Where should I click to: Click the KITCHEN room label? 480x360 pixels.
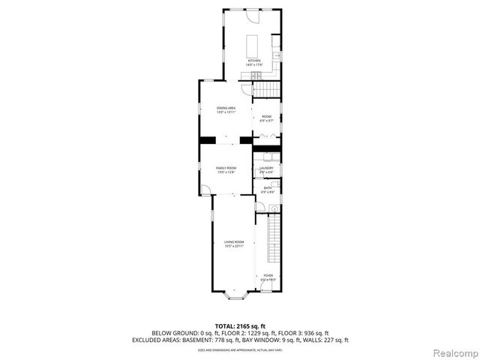click(253, 61)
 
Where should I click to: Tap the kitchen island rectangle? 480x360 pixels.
click(251, 42)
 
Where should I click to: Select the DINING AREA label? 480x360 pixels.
click(226, 108)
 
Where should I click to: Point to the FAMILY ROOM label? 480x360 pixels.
click(226, 168)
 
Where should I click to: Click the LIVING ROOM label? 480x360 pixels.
click(234, 242)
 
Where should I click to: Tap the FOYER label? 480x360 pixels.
click(268, 275)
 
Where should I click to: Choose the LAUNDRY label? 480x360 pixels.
click(267, 168)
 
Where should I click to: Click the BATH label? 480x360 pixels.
click(267, 187)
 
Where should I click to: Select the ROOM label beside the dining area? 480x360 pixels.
click(266, 116)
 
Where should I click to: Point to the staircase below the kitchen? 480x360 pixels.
click(266, 89)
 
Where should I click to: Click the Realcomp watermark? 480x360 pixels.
click(454, 350)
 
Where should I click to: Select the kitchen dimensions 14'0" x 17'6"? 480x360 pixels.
click(253, 65)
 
